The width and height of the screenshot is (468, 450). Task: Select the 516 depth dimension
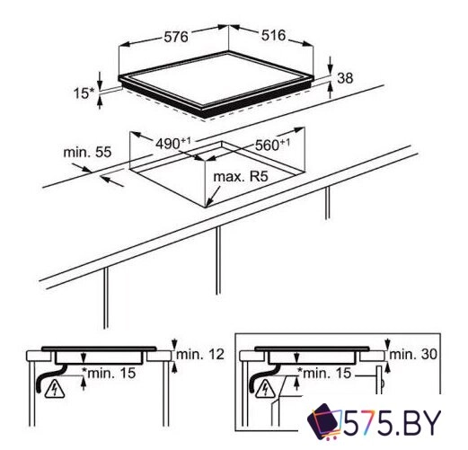(x=272, y=37)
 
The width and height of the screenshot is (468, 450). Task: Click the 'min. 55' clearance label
(x=86, y=153)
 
